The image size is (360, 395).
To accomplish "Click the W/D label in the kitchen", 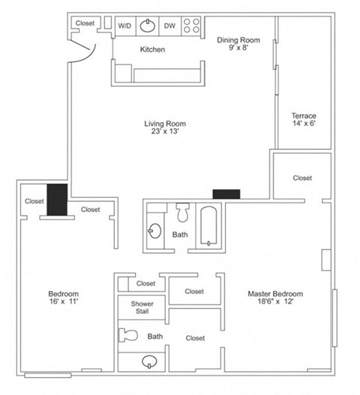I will (x=124, y=25).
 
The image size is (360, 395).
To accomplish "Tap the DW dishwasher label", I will (x=170, y=25).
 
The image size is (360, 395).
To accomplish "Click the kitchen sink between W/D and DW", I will (x=147, y=25).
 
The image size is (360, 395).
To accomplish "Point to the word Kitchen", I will (x=152, y=50).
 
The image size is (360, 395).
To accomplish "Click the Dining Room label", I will (x=238, y=40).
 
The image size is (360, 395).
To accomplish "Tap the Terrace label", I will (x=304, y=115).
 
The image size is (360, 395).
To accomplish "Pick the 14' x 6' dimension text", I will (x=304, y=124).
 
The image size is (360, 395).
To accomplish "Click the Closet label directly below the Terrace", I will (x=302, y=178).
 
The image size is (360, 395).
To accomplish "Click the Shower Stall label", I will (x=142, y=308).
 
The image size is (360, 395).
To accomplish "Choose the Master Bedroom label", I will (x=274, y=293).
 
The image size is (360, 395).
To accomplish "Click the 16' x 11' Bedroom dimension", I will (x=64, y=302).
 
